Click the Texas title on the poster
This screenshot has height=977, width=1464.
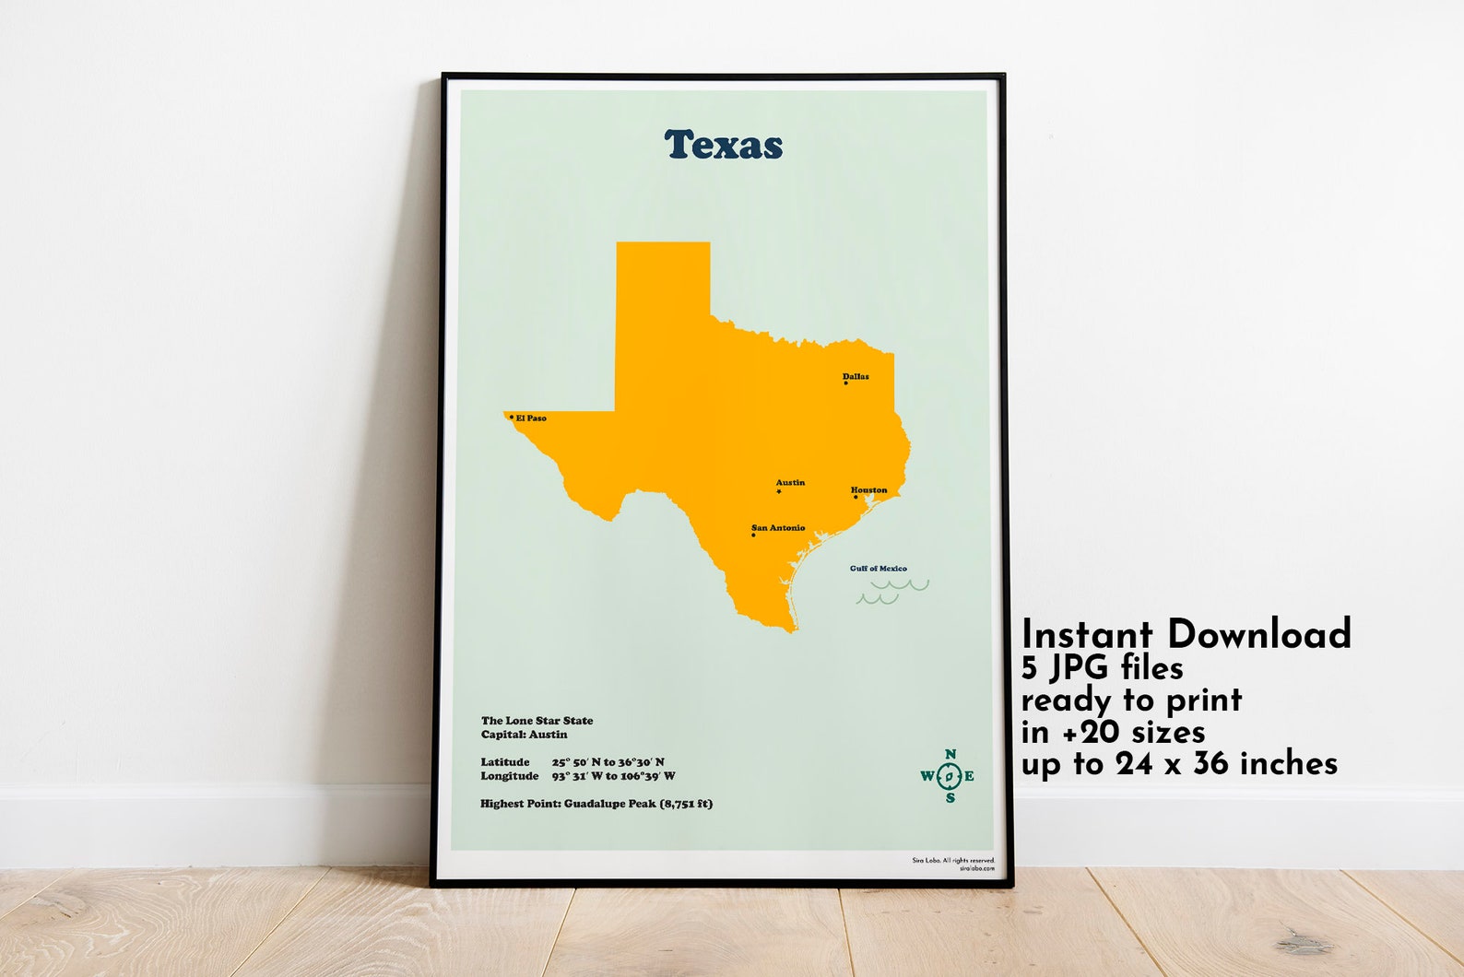point(724,145)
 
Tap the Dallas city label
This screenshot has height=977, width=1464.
point(856,376)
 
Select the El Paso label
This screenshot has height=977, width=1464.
point(531,418)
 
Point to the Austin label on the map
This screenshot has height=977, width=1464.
point(790,482)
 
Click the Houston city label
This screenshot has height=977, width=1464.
point(868,490)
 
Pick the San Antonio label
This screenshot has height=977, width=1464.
point(779,528)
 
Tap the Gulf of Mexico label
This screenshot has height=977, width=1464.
point(878,569)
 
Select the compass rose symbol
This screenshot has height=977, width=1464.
point(949,776)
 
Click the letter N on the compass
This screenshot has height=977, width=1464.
point(950,755)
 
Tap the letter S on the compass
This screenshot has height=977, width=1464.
point(950,798)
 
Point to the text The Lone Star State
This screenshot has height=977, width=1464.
point(537,721)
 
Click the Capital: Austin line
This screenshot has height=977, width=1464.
point(524,735)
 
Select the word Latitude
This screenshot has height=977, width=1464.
point(505,762)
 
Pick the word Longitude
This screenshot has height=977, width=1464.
point(509,776)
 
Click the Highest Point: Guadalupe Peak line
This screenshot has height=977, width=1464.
point(596,804)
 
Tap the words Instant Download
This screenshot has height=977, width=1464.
point(1186,634)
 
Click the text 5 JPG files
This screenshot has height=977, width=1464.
point(1102,666)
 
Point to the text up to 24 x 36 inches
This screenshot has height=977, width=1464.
point(1179,763)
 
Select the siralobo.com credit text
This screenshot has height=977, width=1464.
point(976,868)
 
